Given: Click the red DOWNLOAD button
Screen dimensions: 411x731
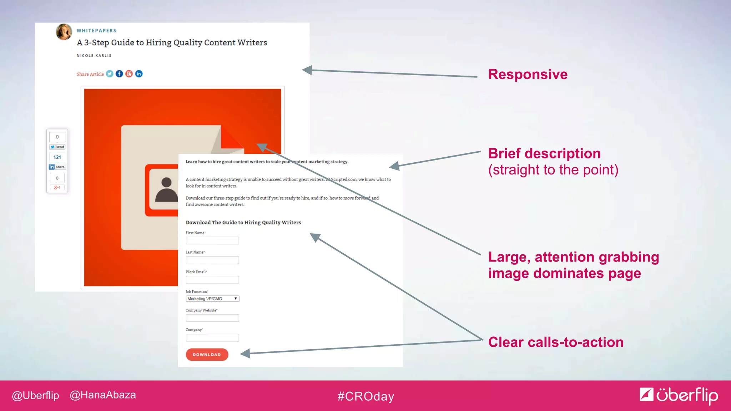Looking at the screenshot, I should pyautogui.click(x=207, y=355).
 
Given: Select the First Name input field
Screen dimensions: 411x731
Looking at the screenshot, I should pyautogui.click(x=212, y=241).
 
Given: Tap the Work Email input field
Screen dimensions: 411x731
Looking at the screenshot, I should pyautogui.click(x=212, y=280).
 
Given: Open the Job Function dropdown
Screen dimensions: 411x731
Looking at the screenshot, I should pyautogui.click(x=212, y=299).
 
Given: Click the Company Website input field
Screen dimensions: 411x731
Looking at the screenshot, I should pyautogui.click(x=212, y=318).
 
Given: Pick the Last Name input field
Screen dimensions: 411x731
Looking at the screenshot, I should pyautogui.click(x=212, y=260).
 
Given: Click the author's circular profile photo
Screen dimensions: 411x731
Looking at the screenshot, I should pyautogui.click(x=64, y=32).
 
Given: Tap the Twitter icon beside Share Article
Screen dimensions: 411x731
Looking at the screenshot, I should pyautogui.click(x=110, y=74).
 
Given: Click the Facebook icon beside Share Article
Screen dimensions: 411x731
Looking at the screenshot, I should pyautogui.click(x=119, y=74).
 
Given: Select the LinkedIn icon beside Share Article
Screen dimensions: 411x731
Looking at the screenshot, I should pyautogui.click(x=139, y=74).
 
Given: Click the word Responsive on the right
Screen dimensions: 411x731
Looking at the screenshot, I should pyautogui.click(x=528, y=75).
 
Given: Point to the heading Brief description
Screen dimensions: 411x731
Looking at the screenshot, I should pyautogui.click(x=544, y=153).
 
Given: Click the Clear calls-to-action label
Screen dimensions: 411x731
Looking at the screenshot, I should pyautogui.click(x=556, y=342).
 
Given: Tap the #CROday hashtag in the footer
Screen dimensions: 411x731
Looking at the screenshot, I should pyautogui.click(x=365, y=396).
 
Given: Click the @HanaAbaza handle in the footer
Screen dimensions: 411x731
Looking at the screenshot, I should pyautogui.click(x=103, y=395).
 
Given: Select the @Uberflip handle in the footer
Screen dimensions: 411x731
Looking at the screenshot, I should pyautogui.click(x=35, y=395).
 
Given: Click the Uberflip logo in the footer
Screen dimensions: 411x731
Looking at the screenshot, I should pyautogui.click(x=679, y=395).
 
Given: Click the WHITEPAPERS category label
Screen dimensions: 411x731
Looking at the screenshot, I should pyautogui.click(x=96, y=31).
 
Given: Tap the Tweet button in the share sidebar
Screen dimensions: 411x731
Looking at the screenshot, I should pyautogui.click(x=57, y=147).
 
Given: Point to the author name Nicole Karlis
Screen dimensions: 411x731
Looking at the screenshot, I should pyautogui.click(x=94, y=56).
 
